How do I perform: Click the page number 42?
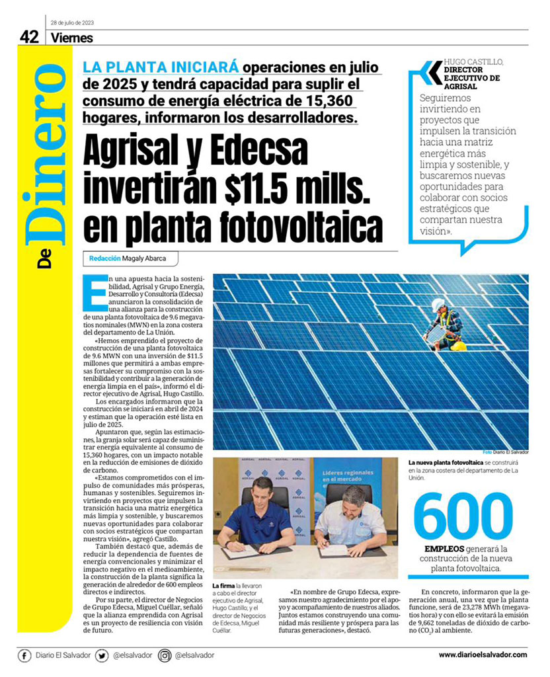(29, 38)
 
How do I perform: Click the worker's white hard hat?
(438, 304)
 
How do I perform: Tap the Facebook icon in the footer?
(24, 655)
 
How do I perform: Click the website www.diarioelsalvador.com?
(483, 655)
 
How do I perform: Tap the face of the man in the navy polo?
(263, 493)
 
